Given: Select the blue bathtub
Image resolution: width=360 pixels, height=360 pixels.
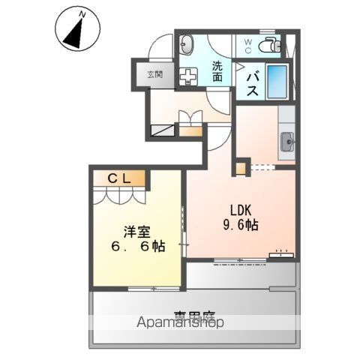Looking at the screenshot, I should pyautogui.click(x=277, y=80).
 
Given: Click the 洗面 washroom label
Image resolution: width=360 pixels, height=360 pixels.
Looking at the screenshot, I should pyautogui.click(x=217, y=71).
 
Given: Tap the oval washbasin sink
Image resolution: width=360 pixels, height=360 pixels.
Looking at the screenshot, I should pyautogui.click(x=188, y=43).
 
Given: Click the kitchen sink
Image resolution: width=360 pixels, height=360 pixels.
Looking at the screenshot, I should pyautogui.click(x=288, y=139).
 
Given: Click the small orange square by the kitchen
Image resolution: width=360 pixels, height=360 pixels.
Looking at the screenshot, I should pyautogui.click(x=241, y=166).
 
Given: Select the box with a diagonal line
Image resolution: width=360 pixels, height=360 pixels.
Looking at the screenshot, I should pyautogui.click(x=163, y=130).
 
